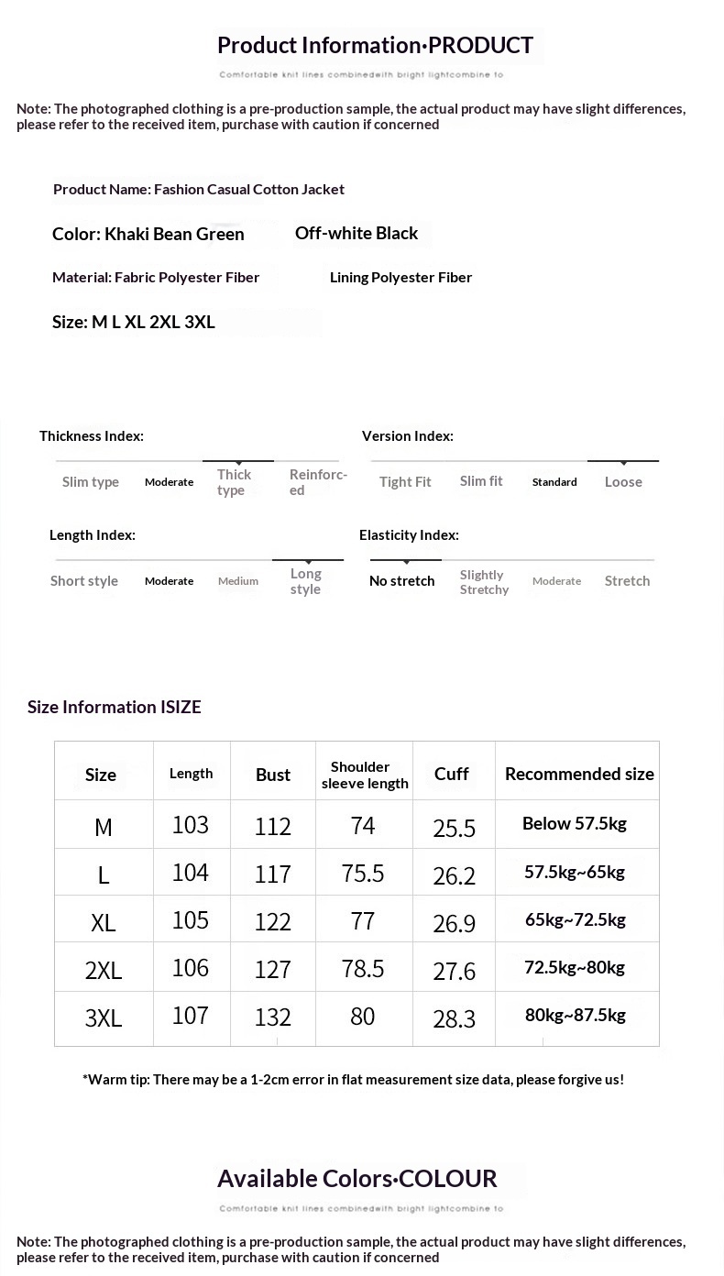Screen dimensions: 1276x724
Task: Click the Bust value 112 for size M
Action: coord(273,826)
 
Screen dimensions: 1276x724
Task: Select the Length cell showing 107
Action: coord(191,1015)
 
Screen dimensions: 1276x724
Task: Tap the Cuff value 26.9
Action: coord(454,922)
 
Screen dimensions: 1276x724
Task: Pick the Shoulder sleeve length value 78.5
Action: coord(363,968)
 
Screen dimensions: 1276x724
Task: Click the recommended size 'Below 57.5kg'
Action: coord(575,823)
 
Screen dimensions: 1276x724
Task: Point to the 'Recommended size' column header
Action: coord(579,774)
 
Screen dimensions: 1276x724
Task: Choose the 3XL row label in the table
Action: coord(104,1017)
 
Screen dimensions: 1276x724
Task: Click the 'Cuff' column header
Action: coord(452,774)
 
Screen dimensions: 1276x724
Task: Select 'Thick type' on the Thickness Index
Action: coord(234,482)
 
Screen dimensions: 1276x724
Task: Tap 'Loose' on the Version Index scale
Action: coord(623,482)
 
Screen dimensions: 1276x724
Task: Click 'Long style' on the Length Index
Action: coord(305,581)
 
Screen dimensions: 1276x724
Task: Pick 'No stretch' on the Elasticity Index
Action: coord(401,581)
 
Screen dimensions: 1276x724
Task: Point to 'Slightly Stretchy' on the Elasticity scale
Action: coord(484,582)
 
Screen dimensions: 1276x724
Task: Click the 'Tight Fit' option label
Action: coord(405,482)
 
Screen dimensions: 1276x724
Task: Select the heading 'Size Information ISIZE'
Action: coord(115,707)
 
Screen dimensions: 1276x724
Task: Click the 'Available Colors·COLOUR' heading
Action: coord(357,1179)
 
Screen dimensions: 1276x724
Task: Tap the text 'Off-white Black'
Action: coord(357,233)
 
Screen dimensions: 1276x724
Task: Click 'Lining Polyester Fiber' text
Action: coord(400,277)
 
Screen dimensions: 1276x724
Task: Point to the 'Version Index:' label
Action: coord(408,436)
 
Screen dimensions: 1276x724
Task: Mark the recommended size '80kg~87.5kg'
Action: coord(576,1015)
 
